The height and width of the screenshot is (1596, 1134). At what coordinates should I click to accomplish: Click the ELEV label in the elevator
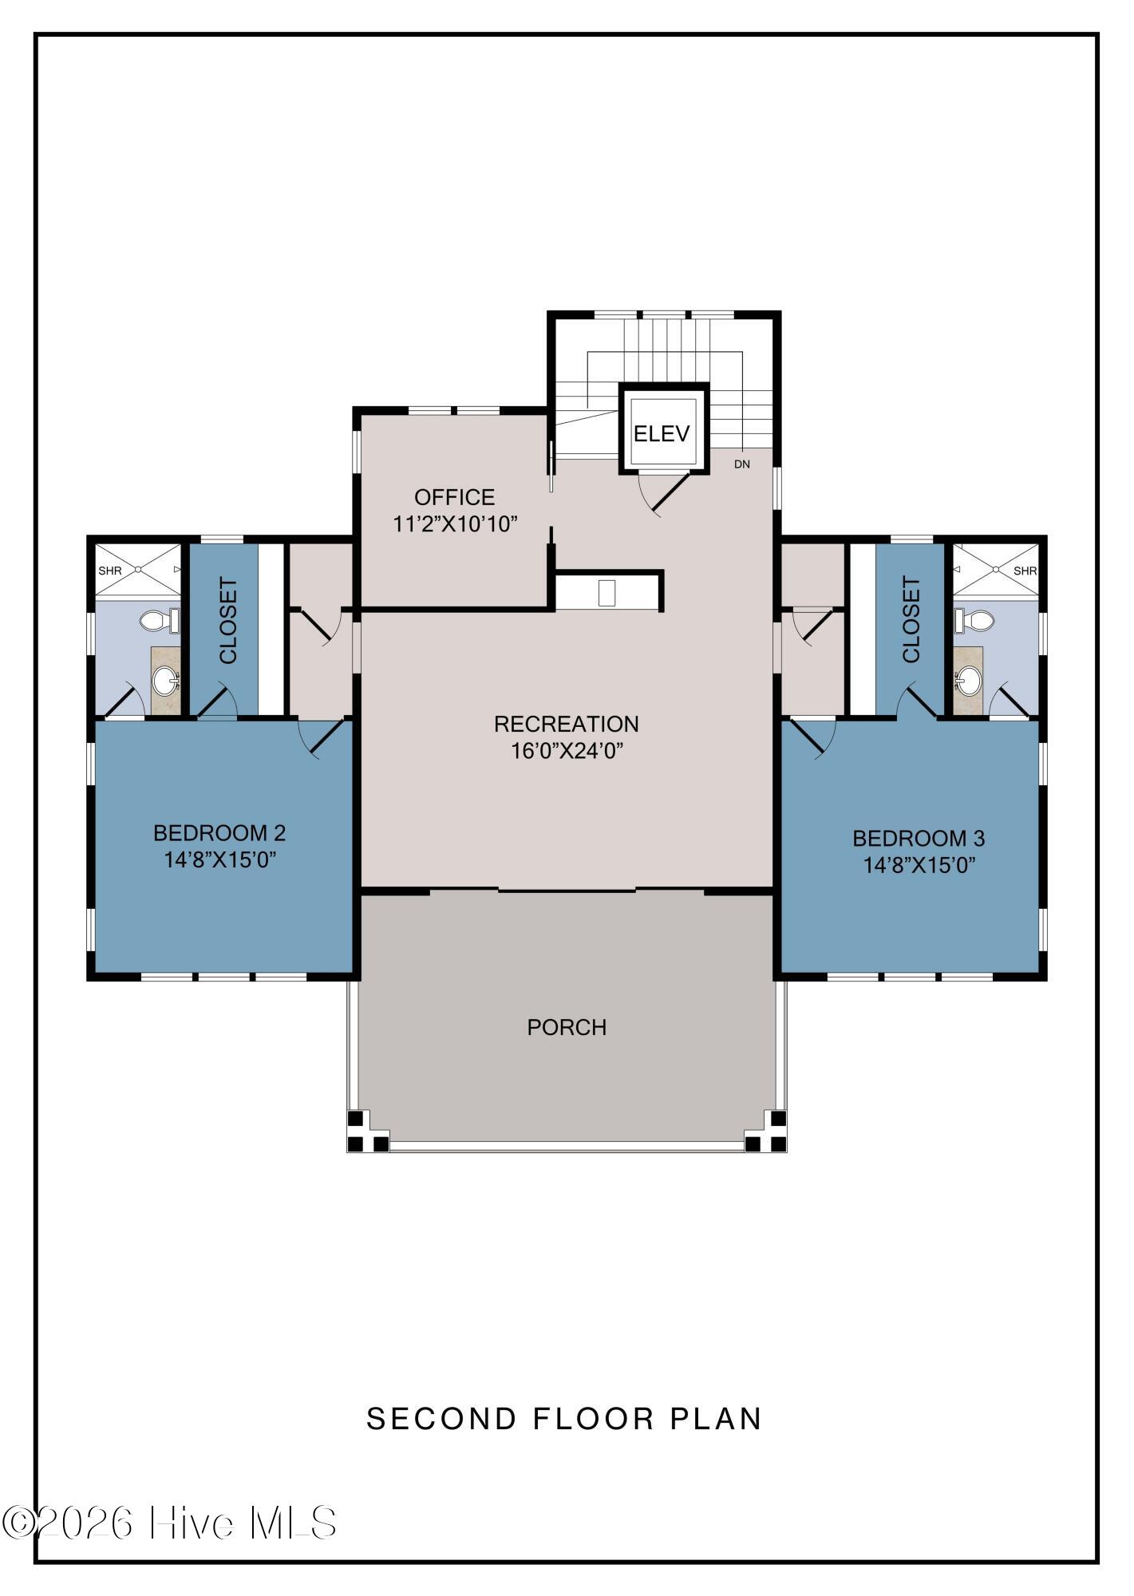pos(661,433)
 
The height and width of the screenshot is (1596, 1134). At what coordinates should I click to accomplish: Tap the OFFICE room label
pos(454,497)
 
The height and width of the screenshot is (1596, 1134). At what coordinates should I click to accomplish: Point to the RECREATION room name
pos(567,724)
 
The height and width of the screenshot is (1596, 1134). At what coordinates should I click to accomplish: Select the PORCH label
pos(567,1027)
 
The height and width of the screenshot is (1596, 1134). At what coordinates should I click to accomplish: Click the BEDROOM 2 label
pos(219,833)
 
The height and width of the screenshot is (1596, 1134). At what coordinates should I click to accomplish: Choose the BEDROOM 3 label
pos(919,839)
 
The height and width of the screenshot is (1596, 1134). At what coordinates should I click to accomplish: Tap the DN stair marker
pos(742,464)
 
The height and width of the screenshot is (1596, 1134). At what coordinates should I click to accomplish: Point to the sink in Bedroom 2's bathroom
pos(166,681)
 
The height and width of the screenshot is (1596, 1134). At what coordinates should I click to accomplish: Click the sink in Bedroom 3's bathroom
pos(968,681)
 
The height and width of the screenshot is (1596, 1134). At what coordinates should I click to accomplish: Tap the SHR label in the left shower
pos(110,571)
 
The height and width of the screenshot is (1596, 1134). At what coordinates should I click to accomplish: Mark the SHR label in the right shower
pos(1025,571)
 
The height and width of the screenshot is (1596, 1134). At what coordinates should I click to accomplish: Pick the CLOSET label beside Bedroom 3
pos(911,620)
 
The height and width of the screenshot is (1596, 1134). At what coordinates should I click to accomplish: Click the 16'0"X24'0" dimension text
pos(567,751)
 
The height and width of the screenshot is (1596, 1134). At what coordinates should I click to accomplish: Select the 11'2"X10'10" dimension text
pos(456,524)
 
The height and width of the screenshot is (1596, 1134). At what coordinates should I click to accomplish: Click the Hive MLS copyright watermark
pos(169,1523)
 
